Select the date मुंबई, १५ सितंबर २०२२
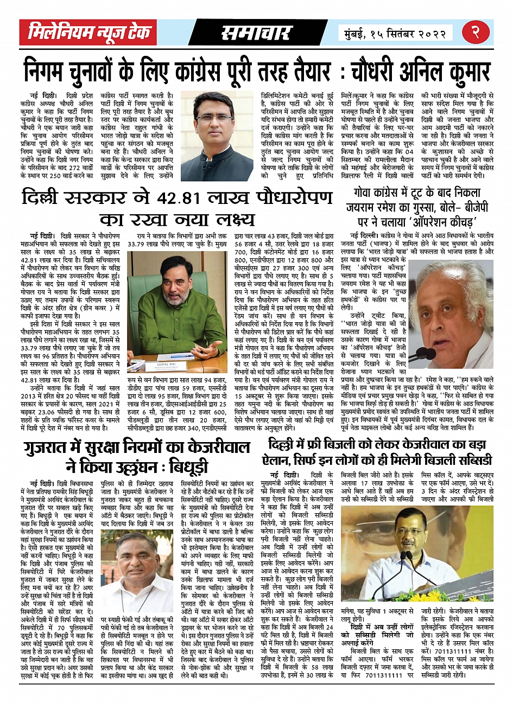click(x=395, y=33)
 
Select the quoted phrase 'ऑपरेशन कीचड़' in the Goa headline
click(x=440, y=222)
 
